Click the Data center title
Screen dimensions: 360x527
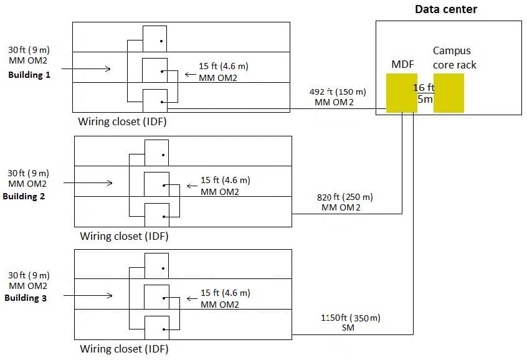(x=446, y=9)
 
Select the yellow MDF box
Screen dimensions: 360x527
(x=401, y=93)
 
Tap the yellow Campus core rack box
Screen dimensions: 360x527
(x=449, y=93)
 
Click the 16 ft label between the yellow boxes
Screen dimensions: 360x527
(x=424, y=88)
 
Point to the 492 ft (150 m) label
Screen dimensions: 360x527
(x=338, y=92)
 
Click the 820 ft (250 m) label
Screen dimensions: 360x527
(x=341, y=197)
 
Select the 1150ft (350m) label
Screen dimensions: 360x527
(x=349, y=317)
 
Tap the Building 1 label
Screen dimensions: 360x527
(x=29, y=75)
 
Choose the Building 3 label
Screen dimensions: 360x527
(x=26, y=298)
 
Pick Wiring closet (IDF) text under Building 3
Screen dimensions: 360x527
(x=125, y=348)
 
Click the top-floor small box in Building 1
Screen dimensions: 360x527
(x=154, y=39)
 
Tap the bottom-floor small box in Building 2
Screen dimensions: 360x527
(x=156, y=214)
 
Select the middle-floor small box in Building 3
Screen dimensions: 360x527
(x=156, y=296)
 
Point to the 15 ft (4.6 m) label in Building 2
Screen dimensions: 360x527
(x=225, y=180)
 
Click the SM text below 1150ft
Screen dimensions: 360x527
(x=348, y=328)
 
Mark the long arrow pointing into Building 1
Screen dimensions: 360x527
(x=88, y=69)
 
